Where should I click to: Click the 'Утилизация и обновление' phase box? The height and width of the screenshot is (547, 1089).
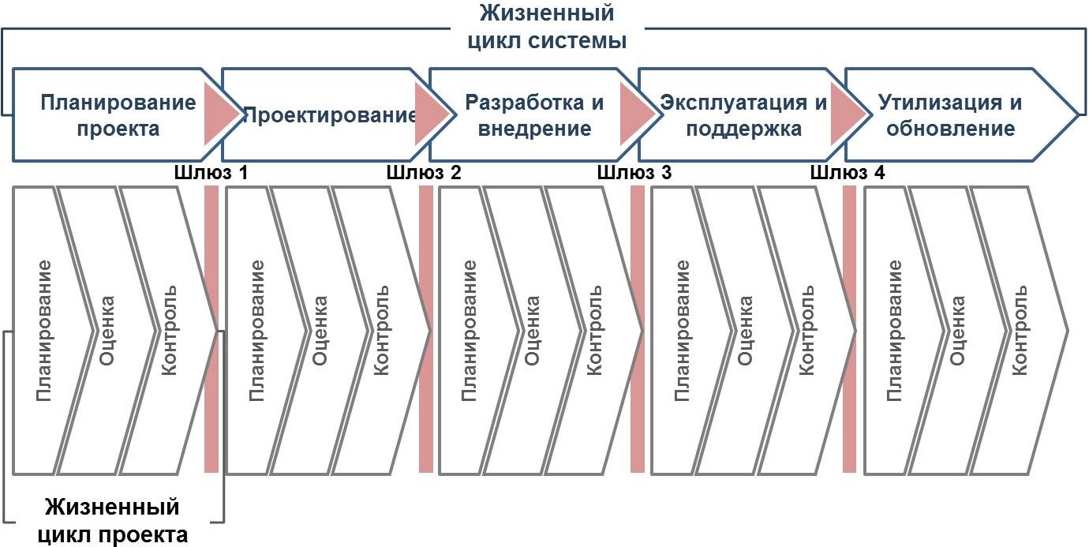(951, 114)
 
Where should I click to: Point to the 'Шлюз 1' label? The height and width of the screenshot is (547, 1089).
(211, 172)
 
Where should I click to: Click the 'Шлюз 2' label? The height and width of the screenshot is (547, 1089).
(424, 172)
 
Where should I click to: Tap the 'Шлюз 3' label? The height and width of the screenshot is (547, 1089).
(634, 172)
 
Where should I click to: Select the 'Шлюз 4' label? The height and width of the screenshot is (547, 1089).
(848, 172)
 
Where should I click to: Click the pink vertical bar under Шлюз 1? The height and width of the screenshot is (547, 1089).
(211, 332)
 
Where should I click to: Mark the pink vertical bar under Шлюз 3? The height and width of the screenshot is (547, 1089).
(638, 332)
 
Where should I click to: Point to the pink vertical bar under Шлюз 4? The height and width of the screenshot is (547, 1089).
(850, 332)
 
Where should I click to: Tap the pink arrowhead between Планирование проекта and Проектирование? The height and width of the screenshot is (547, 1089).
(221, 114)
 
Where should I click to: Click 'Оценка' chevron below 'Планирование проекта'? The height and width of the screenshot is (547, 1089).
(107, 330)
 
